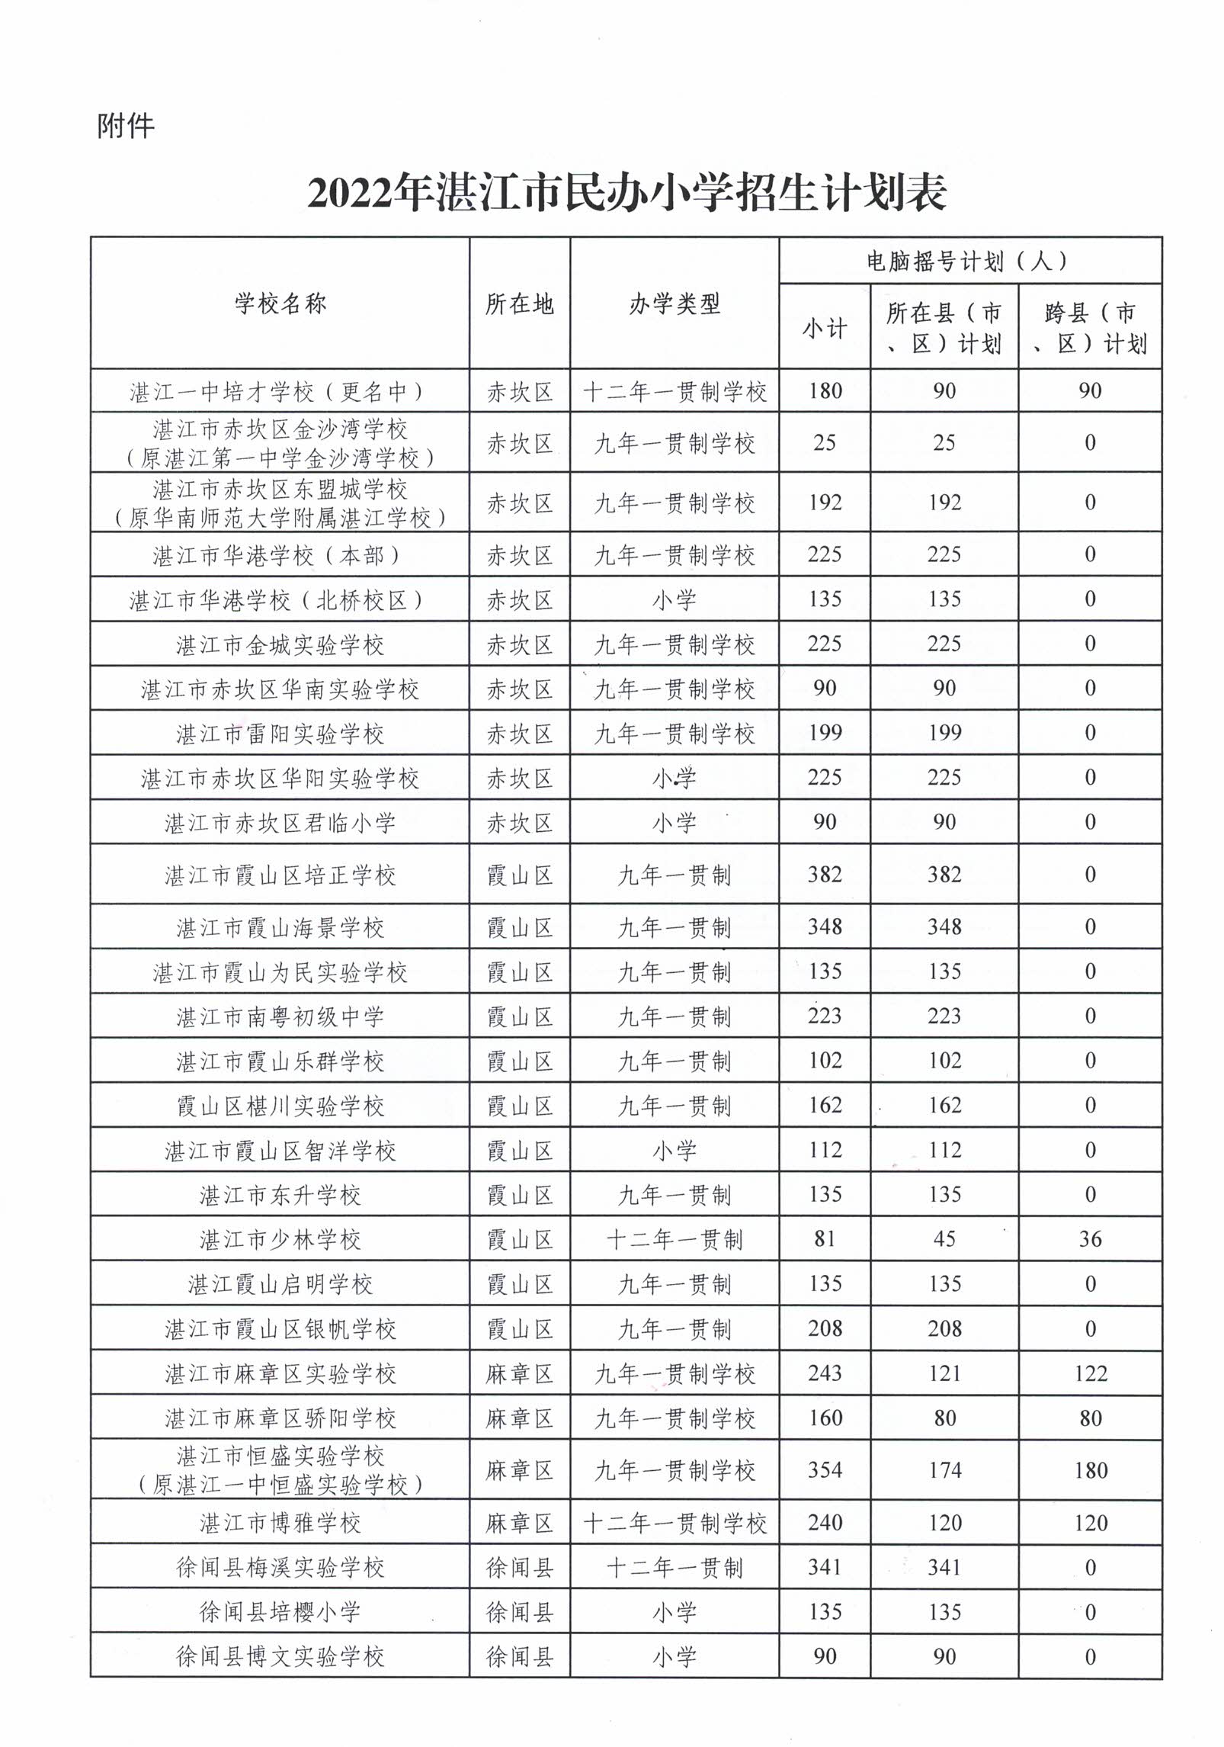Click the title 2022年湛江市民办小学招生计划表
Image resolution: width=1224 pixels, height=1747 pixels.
[x=626, y=193]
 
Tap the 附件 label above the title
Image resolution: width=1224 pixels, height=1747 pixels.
[x=126, y=126]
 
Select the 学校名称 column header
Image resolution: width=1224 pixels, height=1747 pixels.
[x=280, y=304]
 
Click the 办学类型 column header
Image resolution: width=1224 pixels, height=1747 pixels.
[x=674, y=304]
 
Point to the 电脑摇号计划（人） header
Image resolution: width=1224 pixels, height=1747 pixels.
[x=969, y=262]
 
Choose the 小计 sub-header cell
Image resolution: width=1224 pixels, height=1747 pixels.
[x=825, y=329]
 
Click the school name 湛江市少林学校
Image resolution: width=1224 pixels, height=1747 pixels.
[x=280, y=1239]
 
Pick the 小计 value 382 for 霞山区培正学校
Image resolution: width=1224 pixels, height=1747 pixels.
[x=825, y=875]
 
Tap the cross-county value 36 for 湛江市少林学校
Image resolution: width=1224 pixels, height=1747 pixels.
[x=1090, y=1239]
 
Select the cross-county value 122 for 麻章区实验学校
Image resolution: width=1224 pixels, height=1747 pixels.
[x=1090, y=1373]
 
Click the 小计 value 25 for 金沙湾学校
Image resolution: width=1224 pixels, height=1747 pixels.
[x=825, y=443]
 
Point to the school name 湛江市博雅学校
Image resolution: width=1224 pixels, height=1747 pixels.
[x=280, y=1523]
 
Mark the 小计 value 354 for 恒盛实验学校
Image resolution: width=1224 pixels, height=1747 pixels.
[x=825, y=1470]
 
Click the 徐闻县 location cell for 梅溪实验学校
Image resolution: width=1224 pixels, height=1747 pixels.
[x=519, y=1568]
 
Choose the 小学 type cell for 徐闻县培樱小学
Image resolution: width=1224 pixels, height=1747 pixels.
[x=674, y=1612]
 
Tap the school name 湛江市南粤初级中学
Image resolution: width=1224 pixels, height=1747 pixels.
[x=280, y=1016]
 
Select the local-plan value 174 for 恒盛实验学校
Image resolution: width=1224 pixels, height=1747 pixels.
[x=944, y=1470]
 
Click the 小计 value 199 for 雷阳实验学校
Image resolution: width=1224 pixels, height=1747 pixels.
[x=825, y=733]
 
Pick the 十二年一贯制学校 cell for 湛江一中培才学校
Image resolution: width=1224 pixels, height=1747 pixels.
[x=674, y=392]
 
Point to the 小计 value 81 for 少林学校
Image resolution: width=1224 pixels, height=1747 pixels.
[x=825, y=1239]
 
